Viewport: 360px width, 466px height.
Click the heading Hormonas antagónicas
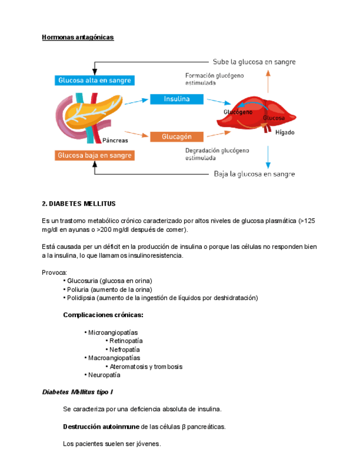click(77, 37)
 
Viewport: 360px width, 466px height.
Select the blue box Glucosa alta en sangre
click(95, 80)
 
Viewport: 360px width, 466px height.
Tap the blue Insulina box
click(176, 99)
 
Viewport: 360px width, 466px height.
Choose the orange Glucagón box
click(176, 136)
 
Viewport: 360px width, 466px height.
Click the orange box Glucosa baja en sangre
click(95, 156)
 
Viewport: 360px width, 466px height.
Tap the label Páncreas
click(115, 141)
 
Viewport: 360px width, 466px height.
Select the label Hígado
click(285, 132)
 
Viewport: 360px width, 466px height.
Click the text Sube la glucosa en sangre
click(254, 62)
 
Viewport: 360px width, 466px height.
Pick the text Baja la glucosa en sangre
click(254, 174)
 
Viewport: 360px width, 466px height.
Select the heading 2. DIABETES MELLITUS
click(79, 203)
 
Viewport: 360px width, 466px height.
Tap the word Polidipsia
click(80, 298)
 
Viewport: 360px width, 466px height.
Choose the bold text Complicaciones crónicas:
click(103, 315)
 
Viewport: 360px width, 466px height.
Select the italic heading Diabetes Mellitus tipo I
click(77, 392)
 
